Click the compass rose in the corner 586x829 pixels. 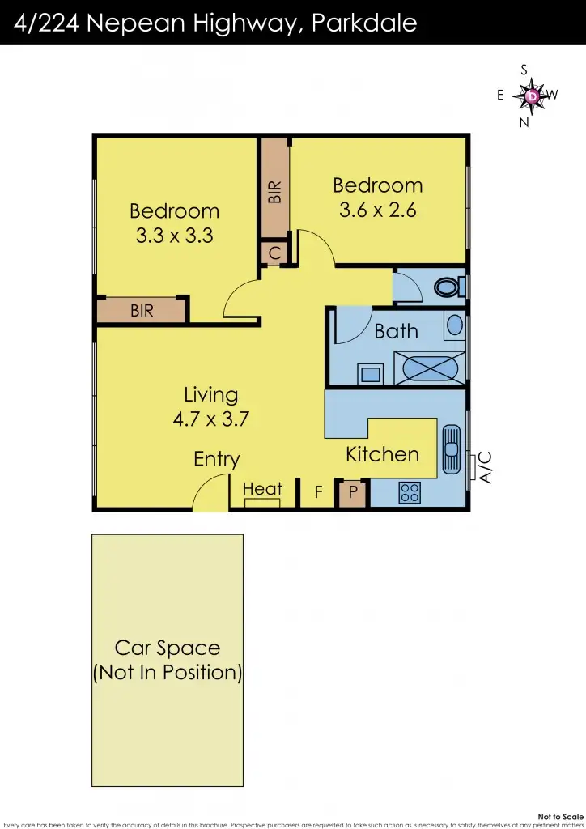point(532,96)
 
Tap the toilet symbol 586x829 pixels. point(448,287)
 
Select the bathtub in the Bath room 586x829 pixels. point(430,368)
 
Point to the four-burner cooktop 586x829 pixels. point(410,492)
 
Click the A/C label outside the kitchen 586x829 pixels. point(485,467)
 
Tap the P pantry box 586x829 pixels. point(353,492)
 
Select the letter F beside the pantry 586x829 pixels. point(318,491)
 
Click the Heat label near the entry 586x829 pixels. point(262,488)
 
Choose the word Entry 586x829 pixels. point(216,459)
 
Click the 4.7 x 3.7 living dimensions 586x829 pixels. point(210,419)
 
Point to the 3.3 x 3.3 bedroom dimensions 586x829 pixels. point(174,236)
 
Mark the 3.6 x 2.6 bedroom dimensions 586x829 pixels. point(377,210)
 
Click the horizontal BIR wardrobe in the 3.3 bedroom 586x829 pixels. point(142,310)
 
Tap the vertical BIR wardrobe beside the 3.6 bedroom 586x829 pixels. point(275,191)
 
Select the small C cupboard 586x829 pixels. point(275,253)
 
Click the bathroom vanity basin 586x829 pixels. point(455,325)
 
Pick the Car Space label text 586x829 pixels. point(168,648)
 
